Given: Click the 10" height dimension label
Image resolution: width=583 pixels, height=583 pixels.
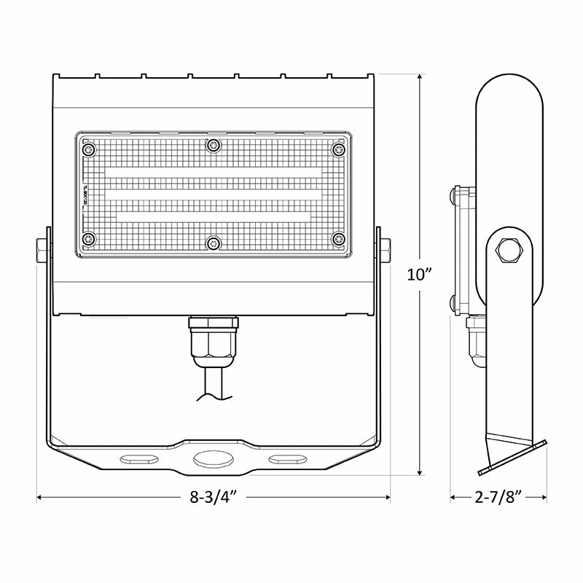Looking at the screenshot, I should tap(421, 275).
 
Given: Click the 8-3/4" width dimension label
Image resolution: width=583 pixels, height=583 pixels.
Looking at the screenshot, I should tap(214, 498).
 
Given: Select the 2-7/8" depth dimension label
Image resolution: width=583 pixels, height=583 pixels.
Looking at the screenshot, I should tap(498, 498).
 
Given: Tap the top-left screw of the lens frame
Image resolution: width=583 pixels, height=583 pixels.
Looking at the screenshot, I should tap(89, 149).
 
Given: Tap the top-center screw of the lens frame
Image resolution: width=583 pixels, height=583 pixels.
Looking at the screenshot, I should tap(213, 146).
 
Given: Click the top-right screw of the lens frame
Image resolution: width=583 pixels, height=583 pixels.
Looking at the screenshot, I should tap(337, 149).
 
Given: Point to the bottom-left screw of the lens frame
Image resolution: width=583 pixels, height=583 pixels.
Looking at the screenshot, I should tap(89, 238).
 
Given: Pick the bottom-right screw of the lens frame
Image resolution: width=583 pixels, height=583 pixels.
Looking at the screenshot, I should tap(337, 238).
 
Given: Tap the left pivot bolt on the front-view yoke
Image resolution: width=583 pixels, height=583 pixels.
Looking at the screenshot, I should tap(39, 249).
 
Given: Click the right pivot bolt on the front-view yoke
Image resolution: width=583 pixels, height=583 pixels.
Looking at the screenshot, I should tap(386, 249).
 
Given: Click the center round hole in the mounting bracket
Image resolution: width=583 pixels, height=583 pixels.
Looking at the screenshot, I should tap(213, 459).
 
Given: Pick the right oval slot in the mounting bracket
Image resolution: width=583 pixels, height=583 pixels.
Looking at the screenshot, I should tap(286, 459).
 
